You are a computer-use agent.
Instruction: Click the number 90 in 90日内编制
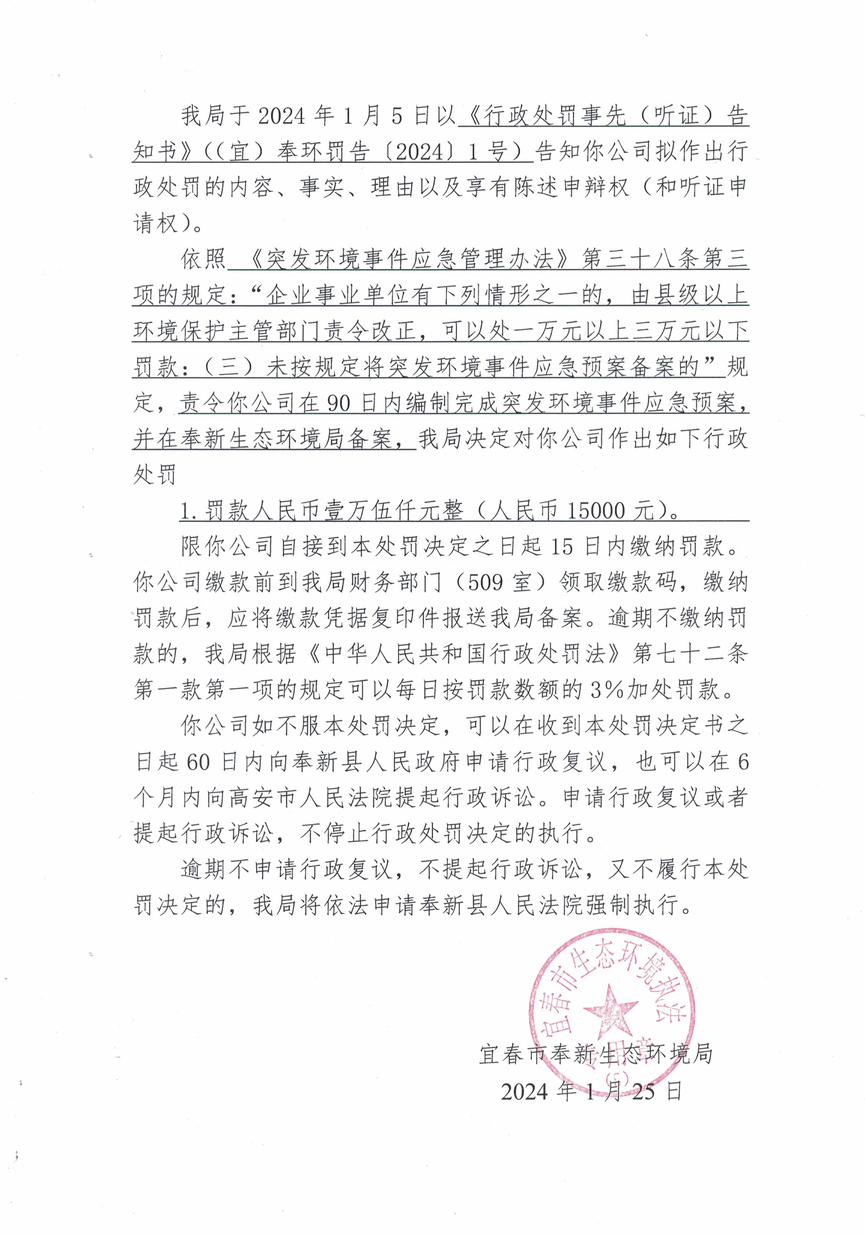(x=339, y=403)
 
